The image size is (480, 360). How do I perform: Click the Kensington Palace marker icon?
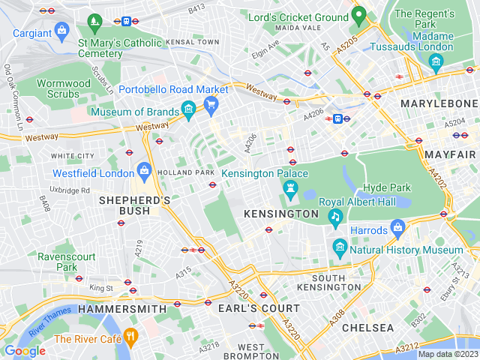[291, 187]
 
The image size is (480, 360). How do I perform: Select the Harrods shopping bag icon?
[398, 227]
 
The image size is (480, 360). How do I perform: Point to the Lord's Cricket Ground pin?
[358, 14]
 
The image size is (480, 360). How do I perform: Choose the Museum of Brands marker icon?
[188, 112]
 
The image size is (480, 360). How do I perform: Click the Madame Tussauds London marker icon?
[436, 61]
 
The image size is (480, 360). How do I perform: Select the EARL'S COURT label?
[259, 308]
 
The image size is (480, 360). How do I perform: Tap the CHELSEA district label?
[367, 328]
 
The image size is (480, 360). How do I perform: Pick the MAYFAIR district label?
[450, 154]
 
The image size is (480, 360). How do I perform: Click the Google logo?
[25, 350]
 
